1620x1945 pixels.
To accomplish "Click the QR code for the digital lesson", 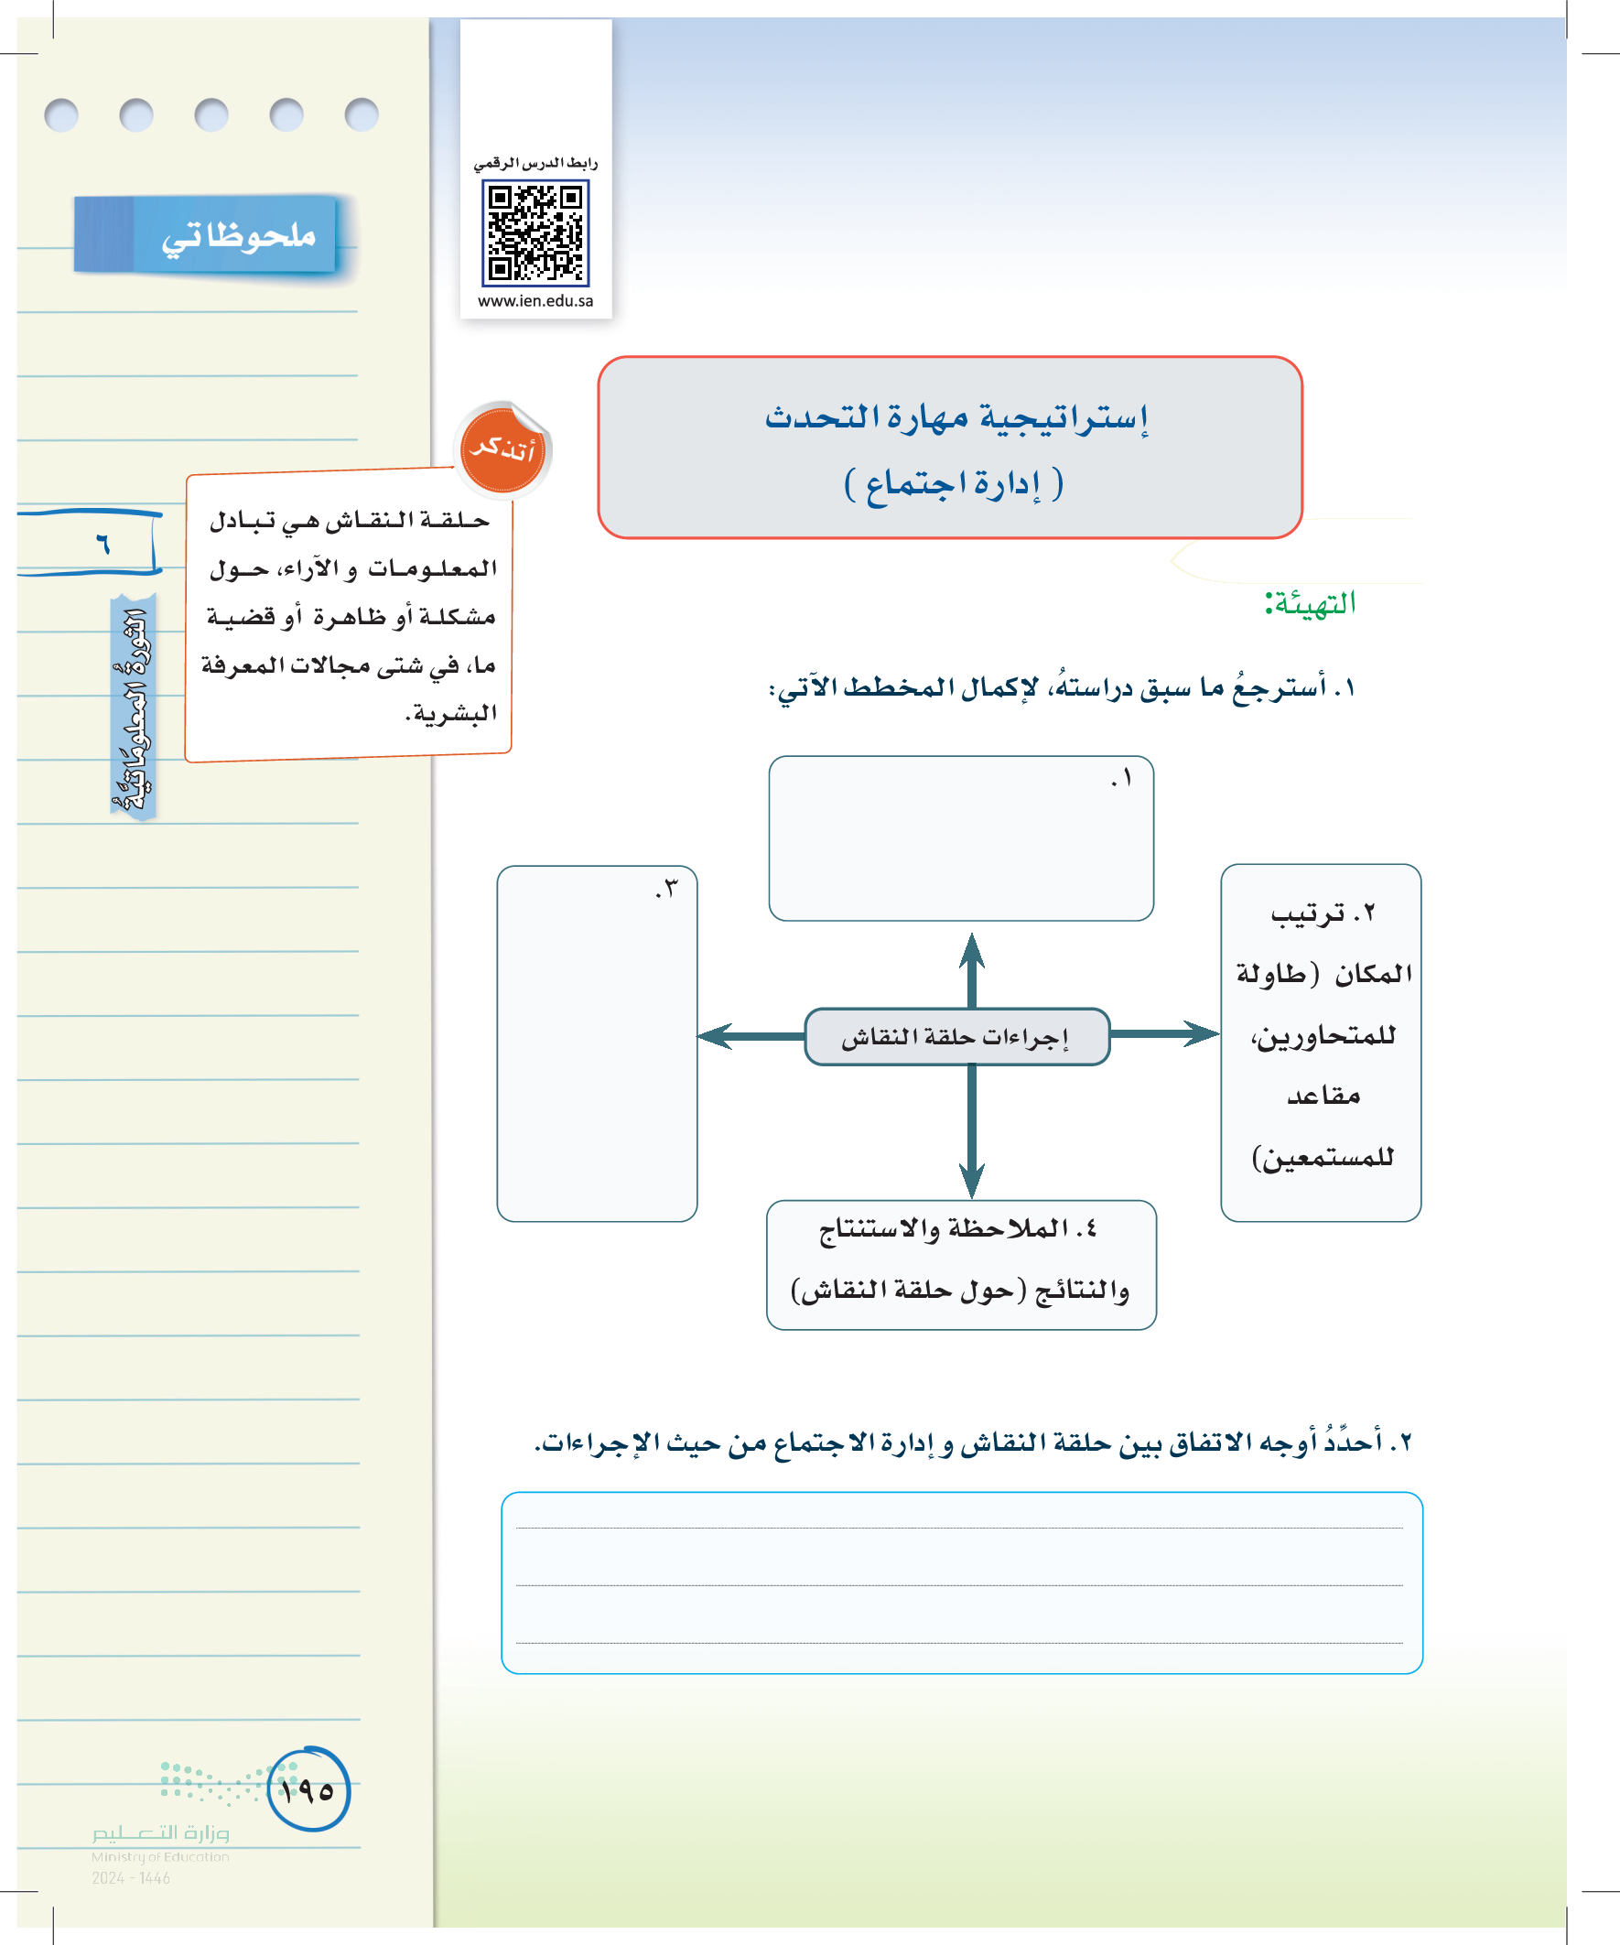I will coord(535,232).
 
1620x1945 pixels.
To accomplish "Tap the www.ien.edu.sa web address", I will coord(535,301).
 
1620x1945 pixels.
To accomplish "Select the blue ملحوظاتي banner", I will coord(206,235).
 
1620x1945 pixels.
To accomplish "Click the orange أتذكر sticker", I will coord(503,450).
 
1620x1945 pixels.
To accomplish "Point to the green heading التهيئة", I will coord(1310,604).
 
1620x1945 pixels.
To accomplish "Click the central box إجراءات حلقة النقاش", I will coord(956,1036).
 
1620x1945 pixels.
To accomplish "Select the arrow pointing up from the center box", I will coord(972,967).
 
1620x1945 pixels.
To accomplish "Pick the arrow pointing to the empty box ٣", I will coord(749,1035).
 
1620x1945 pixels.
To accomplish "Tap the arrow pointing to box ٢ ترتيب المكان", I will coord(1164,1033).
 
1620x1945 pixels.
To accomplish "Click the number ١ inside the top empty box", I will coord(1123,778).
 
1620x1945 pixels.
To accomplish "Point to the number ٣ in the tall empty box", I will coord(667,888).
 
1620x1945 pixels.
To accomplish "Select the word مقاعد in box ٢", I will coord(1323,1097).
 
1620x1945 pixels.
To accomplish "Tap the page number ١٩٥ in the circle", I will coord(308,1790).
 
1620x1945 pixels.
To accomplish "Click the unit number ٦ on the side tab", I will coord(103,543).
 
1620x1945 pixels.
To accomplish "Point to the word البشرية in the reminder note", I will coord(453,714).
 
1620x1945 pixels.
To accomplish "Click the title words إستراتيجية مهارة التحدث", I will coord(956,417).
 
